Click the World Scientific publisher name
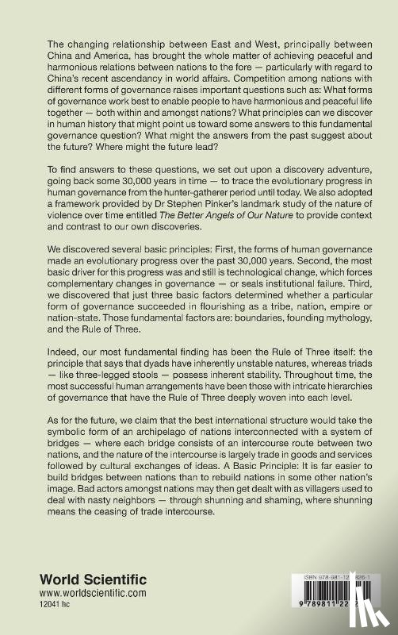coord(86,583)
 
